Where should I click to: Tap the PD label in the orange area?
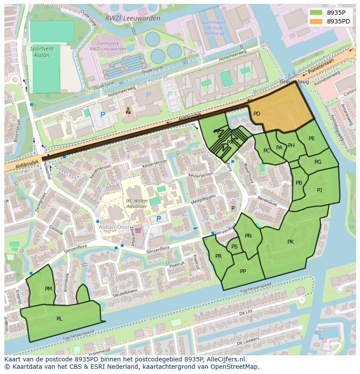tap(257, 114)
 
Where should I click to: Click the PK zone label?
tap(290, 242)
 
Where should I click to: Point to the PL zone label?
tap(60, 318)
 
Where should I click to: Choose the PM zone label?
tap(48, 288)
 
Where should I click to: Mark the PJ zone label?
tap(320, 190)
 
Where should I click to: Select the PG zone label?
tap(318, 162)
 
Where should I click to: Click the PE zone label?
tap(312, 139)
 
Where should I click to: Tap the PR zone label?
tap(218, 256)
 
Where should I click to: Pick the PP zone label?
tap(243, 271)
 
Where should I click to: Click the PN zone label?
tap(248, 236)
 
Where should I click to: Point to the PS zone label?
tap(234, 247)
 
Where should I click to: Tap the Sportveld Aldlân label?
tap(40, 52)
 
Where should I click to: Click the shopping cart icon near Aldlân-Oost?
tap(138, 230)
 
